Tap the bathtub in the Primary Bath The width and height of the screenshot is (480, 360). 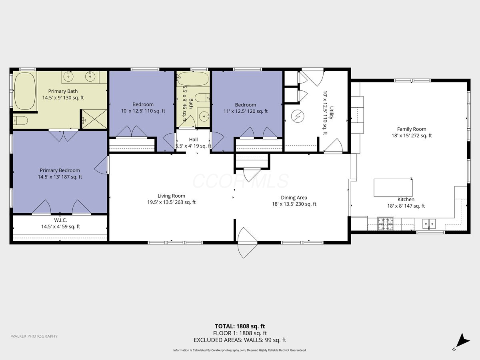25,91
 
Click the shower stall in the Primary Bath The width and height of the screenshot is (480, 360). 94,119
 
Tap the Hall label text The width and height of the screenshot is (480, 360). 193,140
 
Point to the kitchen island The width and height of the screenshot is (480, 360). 393,188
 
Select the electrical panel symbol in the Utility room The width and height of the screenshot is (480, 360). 298,116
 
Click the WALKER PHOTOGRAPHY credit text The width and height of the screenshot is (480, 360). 34,336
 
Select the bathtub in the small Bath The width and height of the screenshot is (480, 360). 193,80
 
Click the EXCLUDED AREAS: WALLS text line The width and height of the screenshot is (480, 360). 240,340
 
